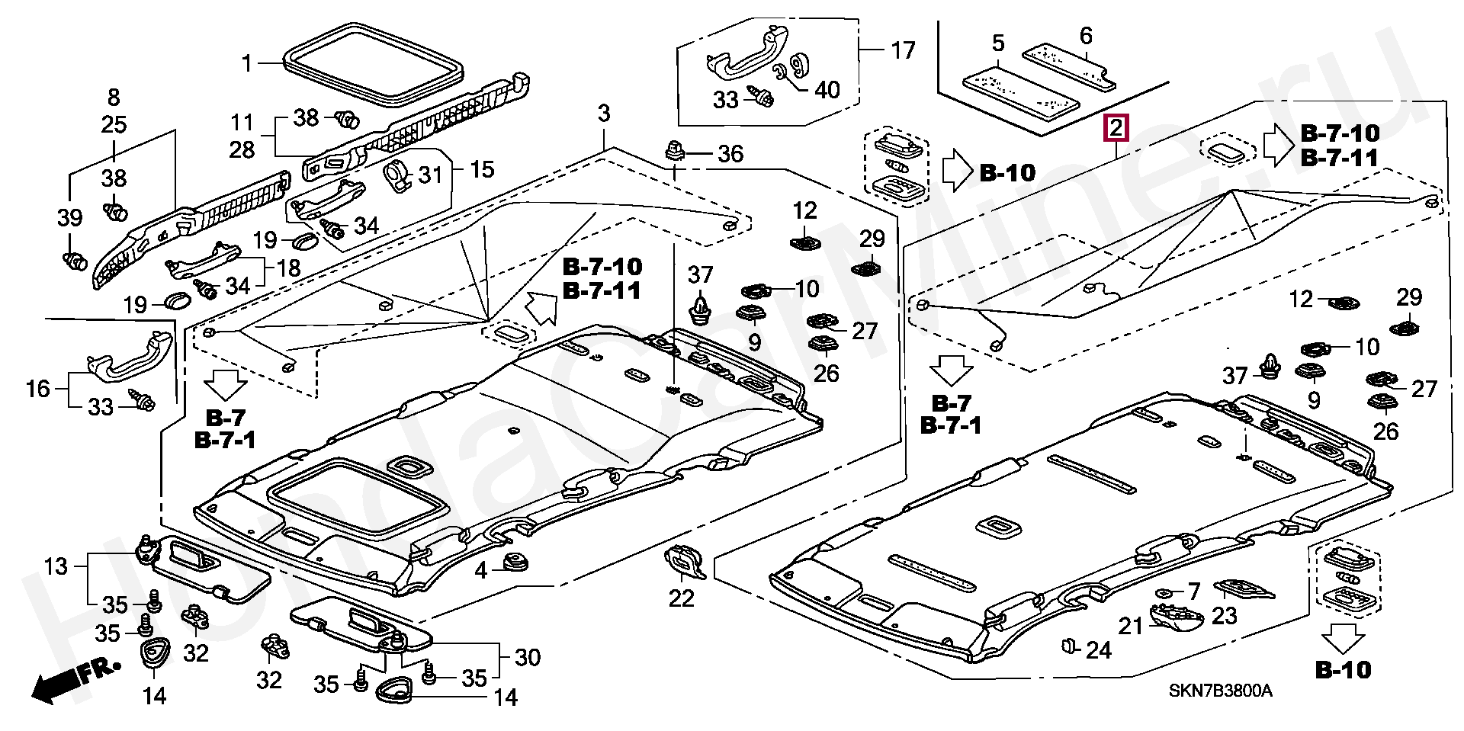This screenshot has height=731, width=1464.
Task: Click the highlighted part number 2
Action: (1116, 128)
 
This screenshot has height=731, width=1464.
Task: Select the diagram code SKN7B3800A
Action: (1220, 691)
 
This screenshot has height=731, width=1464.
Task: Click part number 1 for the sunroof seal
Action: (246, 63)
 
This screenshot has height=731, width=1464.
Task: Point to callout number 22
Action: (682, 598)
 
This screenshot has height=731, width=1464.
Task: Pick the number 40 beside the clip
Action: (827, 90)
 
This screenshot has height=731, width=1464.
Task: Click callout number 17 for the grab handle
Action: (903, 51)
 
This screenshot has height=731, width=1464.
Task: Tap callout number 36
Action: (730, 154)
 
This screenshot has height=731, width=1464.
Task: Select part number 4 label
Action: (480, 570)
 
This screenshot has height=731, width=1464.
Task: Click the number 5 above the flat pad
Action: (998, 43)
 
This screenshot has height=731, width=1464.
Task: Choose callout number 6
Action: (1086, 36)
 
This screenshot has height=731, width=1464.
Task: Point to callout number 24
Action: (1098, 650)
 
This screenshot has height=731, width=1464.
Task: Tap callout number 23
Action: (1224, 615)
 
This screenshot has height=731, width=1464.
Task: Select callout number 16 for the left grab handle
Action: (37, 389)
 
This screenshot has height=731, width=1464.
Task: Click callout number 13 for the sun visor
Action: (56, 566)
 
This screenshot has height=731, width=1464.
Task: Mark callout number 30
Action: (528, 657)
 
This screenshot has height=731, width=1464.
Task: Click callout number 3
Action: (604, 114)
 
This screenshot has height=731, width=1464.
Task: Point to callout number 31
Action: (431, 175)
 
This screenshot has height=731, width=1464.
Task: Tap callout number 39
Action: (69, 219)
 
